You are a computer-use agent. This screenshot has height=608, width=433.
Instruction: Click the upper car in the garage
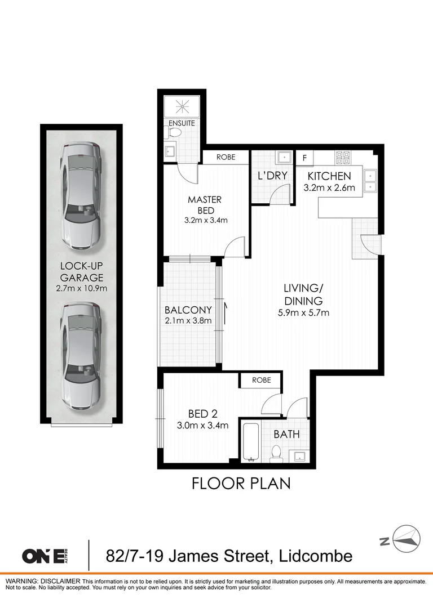click(81, 195)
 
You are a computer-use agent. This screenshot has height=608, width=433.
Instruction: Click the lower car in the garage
click(81, 357)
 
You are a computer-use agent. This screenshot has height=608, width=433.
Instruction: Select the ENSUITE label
click(181, 123)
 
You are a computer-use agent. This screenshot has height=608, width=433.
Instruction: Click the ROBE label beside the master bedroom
click(226, 158)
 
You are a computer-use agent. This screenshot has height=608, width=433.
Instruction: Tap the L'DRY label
click(273, 176)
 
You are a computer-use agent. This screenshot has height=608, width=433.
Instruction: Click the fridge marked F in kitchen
click(305, 158)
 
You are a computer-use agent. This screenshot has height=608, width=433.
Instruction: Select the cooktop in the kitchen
click(343, 158)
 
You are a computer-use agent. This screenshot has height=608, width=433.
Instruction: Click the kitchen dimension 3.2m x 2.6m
click(329, 188)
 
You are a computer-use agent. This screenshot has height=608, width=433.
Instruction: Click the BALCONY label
click(188, 310)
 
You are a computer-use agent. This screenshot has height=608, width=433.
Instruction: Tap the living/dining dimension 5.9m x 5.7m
click(303, 312)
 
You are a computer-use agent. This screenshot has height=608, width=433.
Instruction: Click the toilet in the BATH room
click(276, 453)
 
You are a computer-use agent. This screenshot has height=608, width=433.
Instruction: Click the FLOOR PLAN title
click(241, 483)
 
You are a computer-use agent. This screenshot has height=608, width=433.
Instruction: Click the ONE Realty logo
click(51, 556)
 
